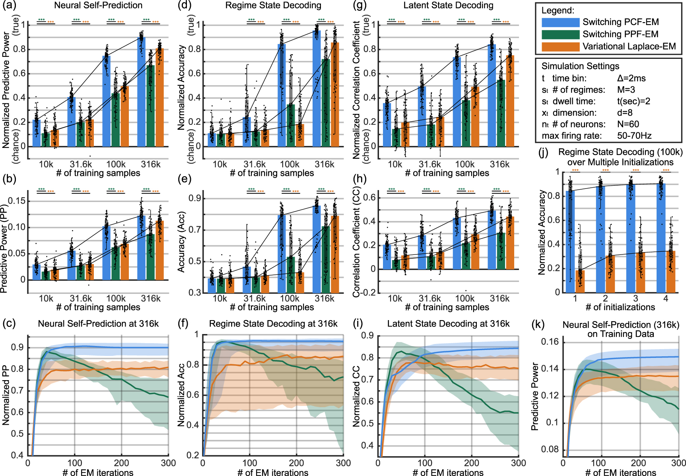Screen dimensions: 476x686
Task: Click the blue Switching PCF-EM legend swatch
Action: (x=560, y=22)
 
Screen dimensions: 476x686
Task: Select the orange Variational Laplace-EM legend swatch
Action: (x=560, y=47)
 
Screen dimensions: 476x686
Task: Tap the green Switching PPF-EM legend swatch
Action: (x=560, y=34)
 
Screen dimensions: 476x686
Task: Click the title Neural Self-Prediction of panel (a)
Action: (x=98, y=5)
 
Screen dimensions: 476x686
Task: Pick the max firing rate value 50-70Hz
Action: (x=634, y=136)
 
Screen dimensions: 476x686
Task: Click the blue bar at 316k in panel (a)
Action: (x=141, y=95)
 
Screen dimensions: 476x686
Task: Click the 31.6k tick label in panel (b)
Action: (x=81, y=298)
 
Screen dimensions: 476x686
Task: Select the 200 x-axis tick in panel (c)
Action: (x=121, y=463)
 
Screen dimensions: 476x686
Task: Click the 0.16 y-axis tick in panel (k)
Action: (x=550, y=342)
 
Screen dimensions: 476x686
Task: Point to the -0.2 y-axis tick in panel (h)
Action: (x=367, y=293)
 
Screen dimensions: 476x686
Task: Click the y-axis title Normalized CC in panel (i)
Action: (x=356, y=396)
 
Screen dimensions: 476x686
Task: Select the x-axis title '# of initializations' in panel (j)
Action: (x=620, y=307)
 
